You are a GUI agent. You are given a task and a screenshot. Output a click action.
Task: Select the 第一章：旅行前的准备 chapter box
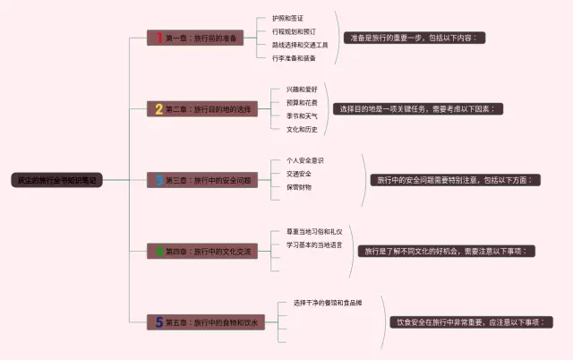(x=196, y=39)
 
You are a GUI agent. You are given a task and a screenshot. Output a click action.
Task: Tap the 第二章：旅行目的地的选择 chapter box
(x=202, y=109)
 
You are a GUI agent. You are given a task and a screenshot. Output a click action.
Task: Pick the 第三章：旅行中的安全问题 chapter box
(x=202, y=180)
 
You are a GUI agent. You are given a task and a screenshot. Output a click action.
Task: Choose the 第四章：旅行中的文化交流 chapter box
(x=202, y=252)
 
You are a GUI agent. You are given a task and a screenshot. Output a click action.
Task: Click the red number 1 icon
(x=159, y=39)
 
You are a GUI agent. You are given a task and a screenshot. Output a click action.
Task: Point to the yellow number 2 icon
(x=159, y=109)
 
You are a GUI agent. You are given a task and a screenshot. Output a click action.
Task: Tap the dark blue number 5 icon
(x=159, y=321)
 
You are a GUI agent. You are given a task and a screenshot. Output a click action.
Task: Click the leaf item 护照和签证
(x=288, y=18)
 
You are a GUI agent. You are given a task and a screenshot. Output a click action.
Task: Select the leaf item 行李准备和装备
(x=294, y=57)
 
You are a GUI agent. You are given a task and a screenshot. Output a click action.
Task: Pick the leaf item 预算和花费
(x=302, y=103)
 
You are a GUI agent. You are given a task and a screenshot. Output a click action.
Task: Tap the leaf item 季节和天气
(x=302, y=116)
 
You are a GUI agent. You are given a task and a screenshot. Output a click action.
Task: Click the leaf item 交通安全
(x=299, y=174)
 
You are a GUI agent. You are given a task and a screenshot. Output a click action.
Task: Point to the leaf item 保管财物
(x=299, y=186)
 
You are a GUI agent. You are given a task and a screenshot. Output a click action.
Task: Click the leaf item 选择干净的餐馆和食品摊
(x=328, y=303)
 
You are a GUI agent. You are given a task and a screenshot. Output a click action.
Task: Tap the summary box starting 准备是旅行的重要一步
(x=418, y=39)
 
